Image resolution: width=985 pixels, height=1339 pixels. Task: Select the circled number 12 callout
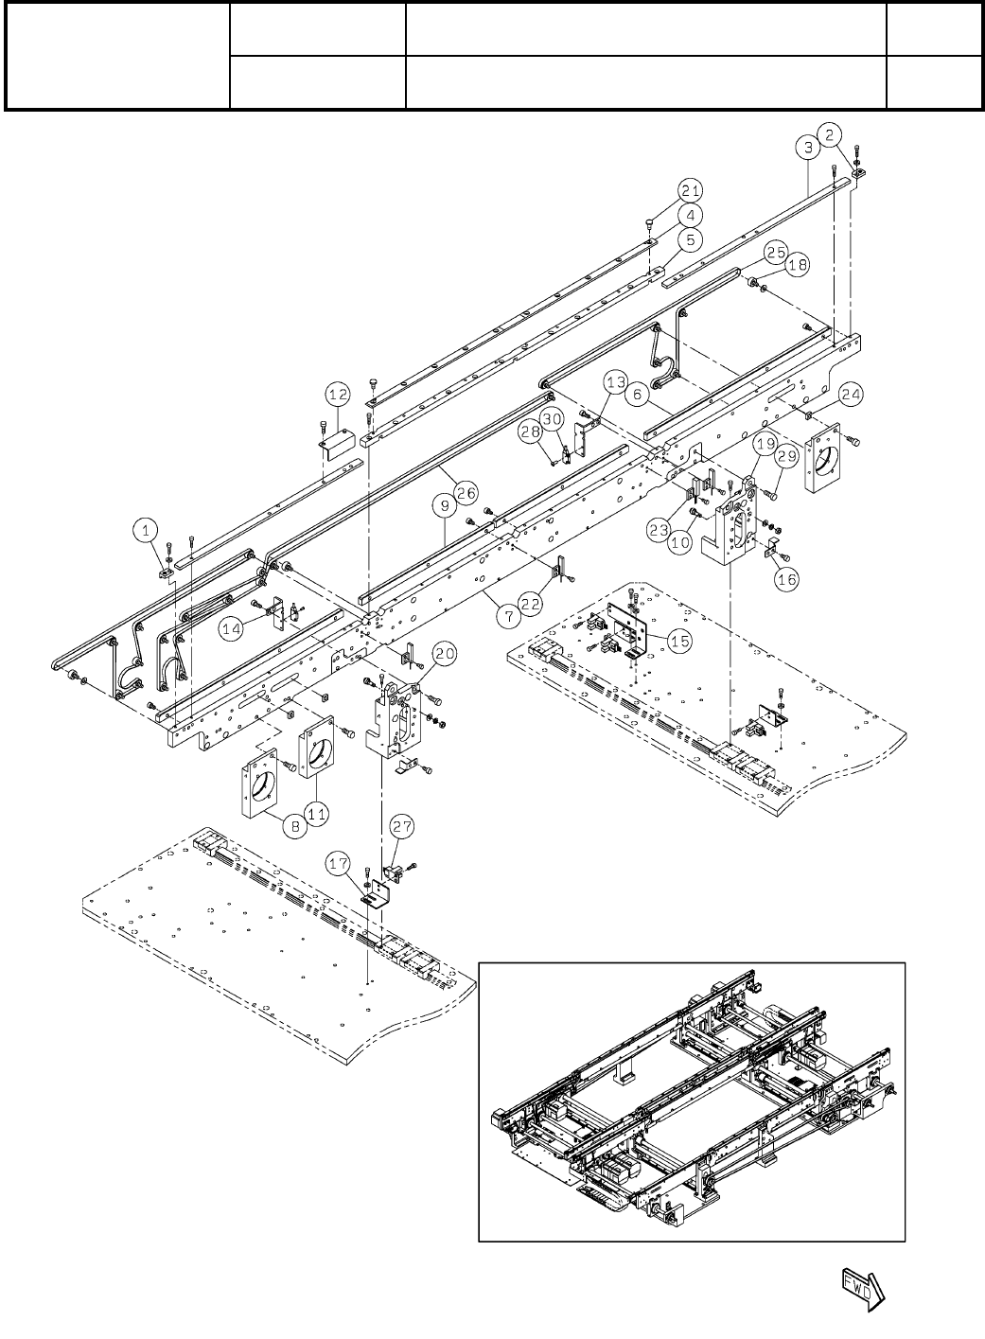(338, 393)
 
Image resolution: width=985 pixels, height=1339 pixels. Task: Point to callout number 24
(849, 394)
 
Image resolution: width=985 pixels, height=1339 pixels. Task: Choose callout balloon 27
(402, 826)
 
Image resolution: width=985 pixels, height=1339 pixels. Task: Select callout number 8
(295, 826)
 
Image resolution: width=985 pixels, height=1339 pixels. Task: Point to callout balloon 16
(787, 580)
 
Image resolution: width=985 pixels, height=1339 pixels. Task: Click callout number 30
(552, 417)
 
